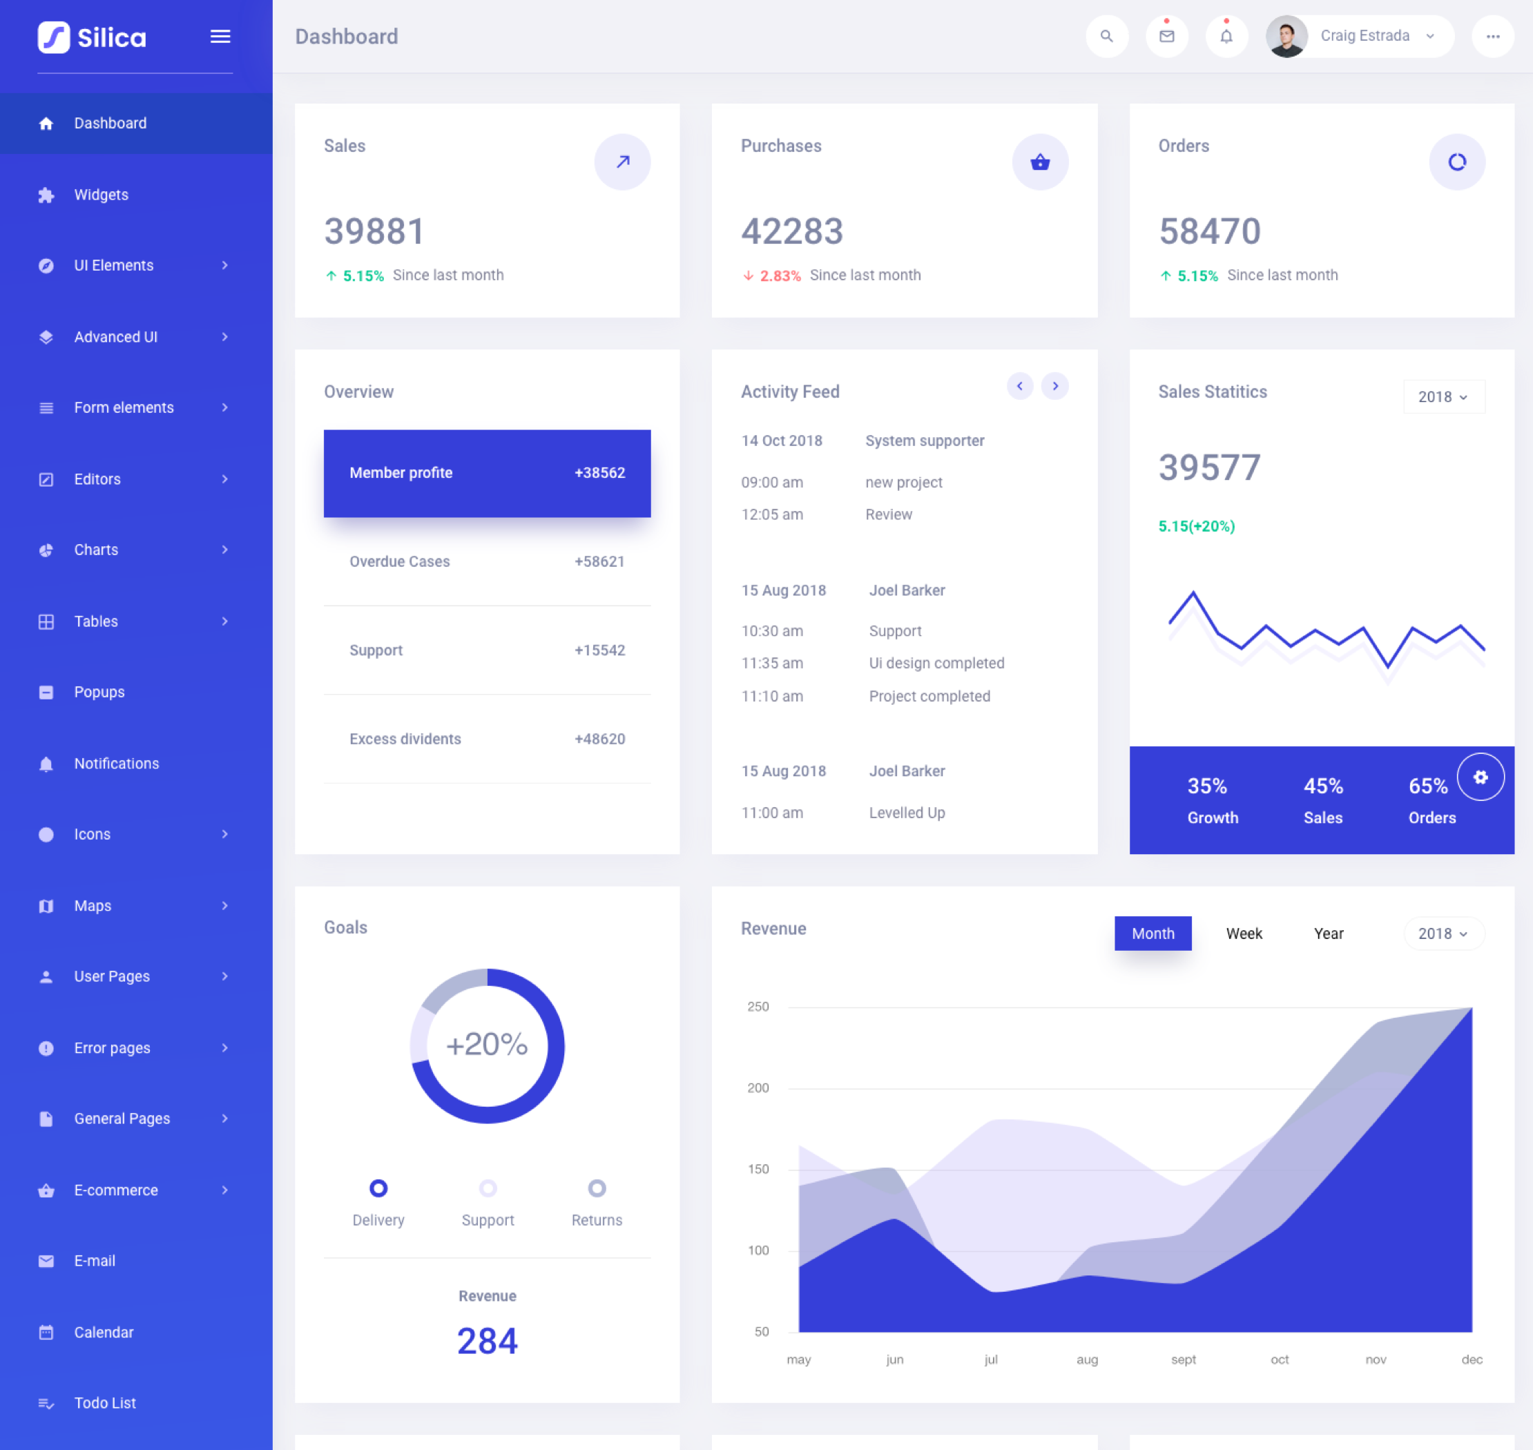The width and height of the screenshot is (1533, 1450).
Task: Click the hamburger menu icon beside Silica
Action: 220,37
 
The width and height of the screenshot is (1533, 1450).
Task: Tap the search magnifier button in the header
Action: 1106,37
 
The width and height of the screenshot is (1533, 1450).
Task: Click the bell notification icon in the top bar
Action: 1226,37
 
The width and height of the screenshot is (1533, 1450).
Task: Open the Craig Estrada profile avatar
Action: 1286,37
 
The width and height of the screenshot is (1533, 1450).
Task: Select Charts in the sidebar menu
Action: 96,550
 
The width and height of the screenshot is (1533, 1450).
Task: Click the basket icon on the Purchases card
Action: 1040,162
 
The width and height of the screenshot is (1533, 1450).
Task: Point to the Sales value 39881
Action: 375,231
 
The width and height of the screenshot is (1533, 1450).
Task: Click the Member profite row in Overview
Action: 487,473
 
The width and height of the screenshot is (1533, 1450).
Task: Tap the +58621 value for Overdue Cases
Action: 599,562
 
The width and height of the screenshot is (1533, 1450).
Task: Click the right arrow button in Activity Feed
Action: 1054,386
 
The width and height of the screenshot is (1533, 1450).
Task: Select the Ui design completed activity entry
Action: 936,663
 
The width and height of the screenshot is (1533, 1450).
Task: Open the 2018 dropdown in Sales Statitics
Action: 1443,396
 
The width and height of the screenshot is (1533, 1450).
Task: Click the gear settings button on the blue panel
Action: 1480,777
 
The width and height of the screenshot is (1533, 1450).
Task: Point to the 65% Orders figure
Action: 1428,786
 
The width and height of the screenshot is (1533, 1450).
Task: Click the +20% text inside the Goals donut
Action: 487,1044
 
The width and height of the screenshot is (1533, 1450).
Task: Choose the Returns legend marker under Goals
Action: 596,1188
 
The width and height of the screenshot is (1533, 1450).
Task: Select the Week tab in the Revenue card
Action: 1244,934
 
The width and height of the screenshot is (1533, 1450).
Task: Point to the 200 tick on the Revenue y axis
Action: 758,1088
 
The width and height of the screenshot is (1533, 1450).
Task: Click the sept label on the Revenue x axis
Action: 1183,1360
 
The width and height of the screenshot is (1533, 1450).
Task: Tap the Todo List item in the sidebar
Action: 104,1403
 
